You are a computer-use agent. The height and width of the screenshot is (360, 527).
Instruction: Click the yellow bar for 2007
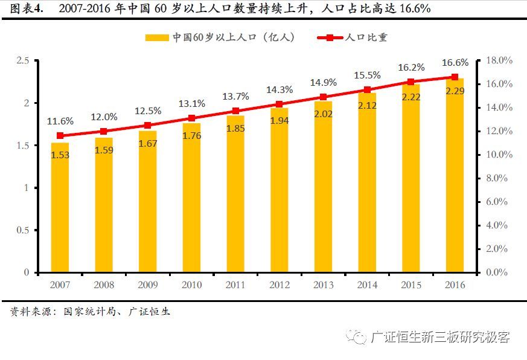pos(60,208)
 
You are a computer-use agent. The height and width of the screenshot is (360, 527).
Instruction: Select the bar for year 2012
pos(279,190)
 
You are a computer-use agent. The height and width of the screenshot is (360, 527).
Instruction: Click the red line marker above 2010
pos(191,118)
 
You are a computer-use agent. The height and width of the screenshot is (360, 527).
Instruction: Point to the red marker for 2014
pos(366,90)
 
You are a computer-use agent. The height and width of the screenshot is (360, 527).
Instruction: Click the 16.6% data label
pos(455,63)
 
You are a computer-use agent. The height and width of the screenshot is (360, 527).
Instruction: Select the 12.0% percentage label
pos(103,117)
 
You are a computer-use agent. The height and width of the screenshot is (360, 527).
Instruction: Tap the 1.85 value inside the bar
pos(235,128)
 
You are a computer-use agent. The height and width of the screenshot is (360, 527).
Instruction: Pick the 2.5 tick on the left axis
pos(23,60)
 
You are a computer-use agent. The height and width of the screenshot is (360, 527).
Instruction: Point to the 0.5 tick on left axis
pos(23,230)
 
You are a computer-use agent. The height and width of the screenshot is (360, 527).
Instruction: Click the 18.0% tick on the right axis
pos(499,60)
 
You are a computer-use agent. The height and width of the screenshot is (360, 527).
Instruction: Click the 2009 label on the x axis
pos(147,285)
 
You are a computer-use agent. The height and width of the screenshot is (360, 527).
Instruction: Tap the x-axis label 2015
pos(410,285)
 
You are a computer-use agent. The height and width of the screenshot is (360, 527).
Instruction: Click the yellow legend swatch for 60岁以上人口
pos(156,37)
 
